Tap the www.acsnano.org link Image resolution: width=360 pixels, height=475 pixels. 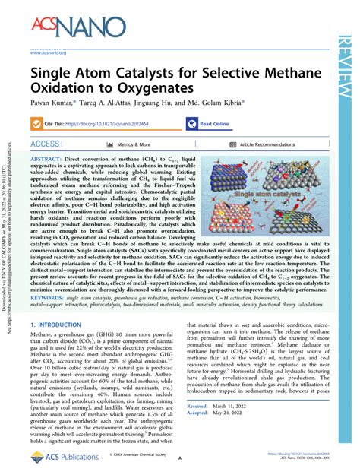click(49, 52)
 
